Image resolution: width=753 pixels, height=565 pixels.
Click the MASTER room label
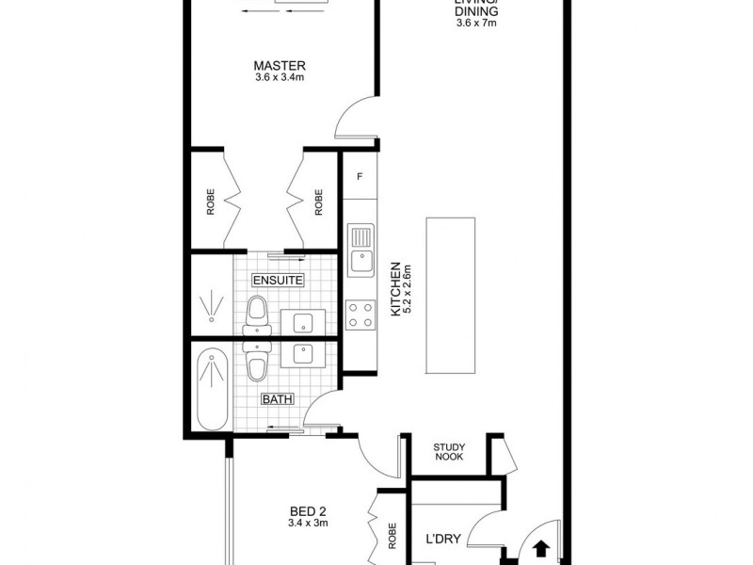click(x=280, y=65)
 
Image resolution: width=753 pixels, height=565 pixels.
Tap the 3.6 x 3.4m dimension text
click(x=280, y=78)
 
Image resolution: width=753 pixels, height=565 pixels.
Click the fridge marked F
click(x=359, y=176)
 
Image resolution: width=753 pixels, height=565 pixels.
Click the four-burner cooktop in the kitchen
click(x=360, y=313)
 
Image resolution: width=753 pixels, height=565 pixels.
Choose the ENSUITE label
click(x=278, y=280)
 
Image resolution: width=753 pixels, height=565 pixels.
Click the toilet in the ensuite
click(x=255, y=315)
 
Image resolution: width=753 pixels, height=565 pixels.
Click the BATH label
click(x=278, y=399)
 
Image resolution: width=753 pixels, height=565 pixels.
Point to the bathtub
click(x=212, y=388)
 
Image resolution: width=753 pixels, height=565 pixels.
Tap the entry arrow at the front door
click(x=542, y=548)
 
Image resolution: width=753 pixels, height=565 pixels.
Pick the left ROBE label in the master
click(x=211, y=202)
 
